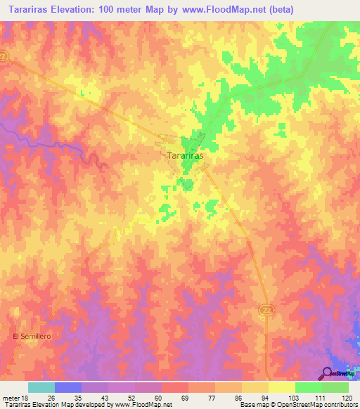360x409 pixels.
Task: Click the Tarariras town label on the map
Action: click(x=186, y=156)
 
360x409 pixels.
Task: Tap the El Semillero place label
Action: click(x=33, y=337)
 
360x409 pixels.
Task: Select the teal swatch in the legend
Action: click(x=41, y=387)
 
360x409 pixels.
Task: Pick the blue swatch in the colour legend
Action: click(x=67, y=387)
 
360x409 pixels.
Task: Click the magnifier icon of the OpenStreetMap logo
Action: click(x=328, y=373)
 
